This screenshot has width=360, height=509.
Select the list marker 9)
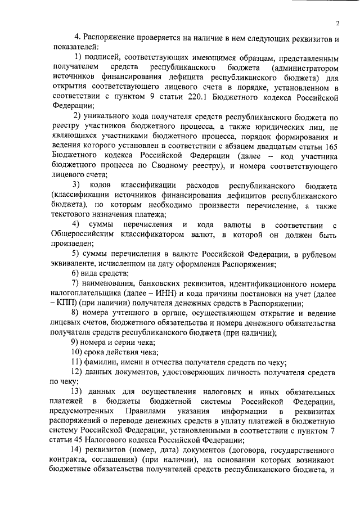click(77, 342)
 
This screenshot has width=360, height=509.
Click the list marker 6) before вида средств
click(77, 273)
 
